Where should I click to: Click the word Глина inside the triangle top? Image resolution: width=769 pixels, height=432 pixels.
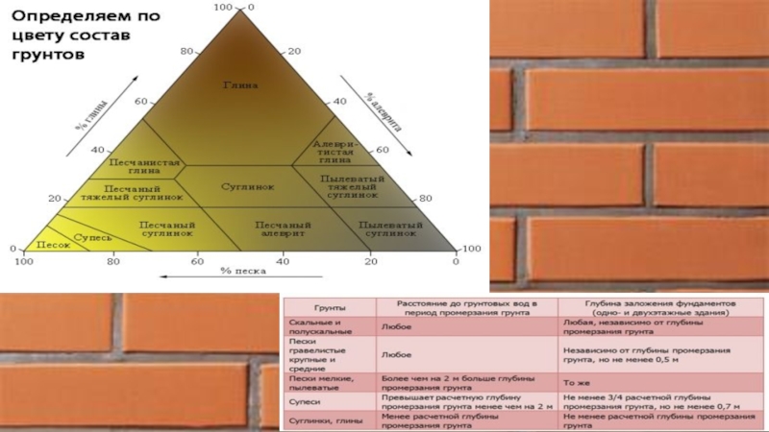pyautogui.click(x=242, y=85)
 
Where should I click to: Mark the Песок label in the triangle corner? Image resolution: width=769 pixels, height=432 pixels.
pyautogui.click(x=53, y=246)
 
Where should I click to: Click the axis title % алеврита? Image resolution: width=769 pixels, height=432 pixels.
pyautogui.click(x=384, y=113)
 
